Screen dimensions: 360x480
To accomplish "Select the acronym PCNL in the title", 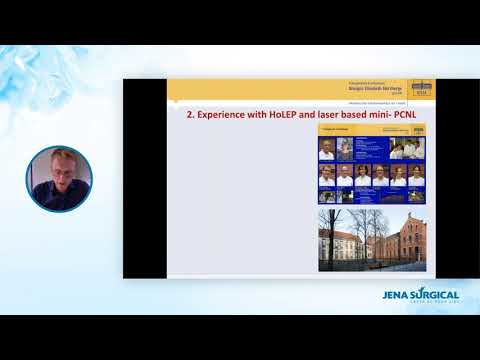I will pos(406,115).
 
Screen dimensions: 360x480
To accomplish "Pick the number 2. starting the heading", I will pos(191,115).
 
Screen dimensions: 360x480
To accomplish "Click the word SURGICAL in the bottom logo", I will pos(439,295).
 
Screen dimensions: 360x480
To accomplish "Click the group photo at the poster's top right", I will pos(407,148).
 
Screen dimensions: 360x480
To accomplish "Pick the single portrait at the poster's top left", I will pos(327,149).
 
